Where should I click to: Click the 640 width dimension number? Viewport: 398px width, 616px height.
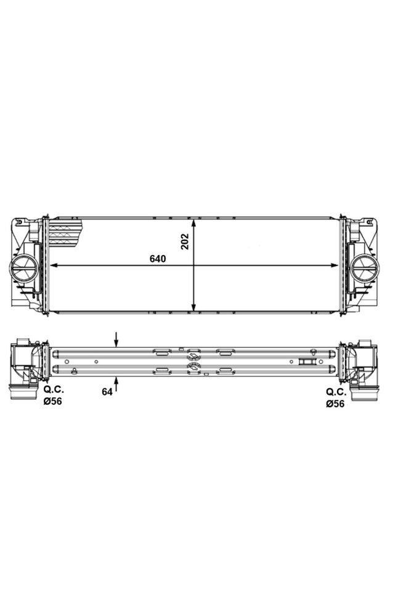(158, 259)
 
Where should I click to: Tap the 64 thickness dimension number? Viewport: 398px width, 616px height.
(107, 392)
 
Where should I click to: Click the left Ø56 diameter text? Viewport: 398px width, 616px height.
(52, 401)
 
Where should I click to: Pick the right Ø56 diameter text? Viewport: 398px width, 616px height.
(335, 403)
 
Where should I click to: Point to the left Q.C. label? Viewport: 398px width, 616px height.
(53, 391)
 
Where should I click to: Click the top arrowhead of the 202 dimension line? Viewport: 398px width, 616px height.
(195, 222)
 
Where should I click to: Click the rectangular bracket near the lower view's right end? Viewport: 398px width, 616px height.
(306, 362)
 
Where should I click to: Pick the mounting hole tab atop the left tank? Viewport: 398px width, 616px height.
(21, 220)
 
